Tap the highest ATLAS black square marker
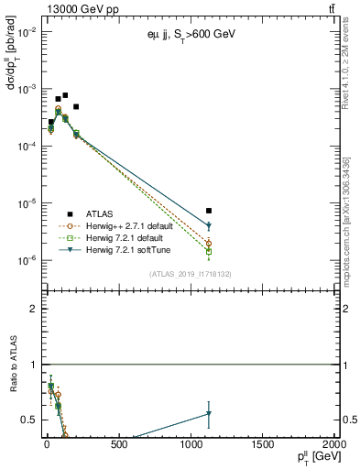tap(65, 95)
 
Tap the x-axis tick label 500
tap(118, 446)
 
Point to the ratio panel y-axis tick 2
tap(32, 309)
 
